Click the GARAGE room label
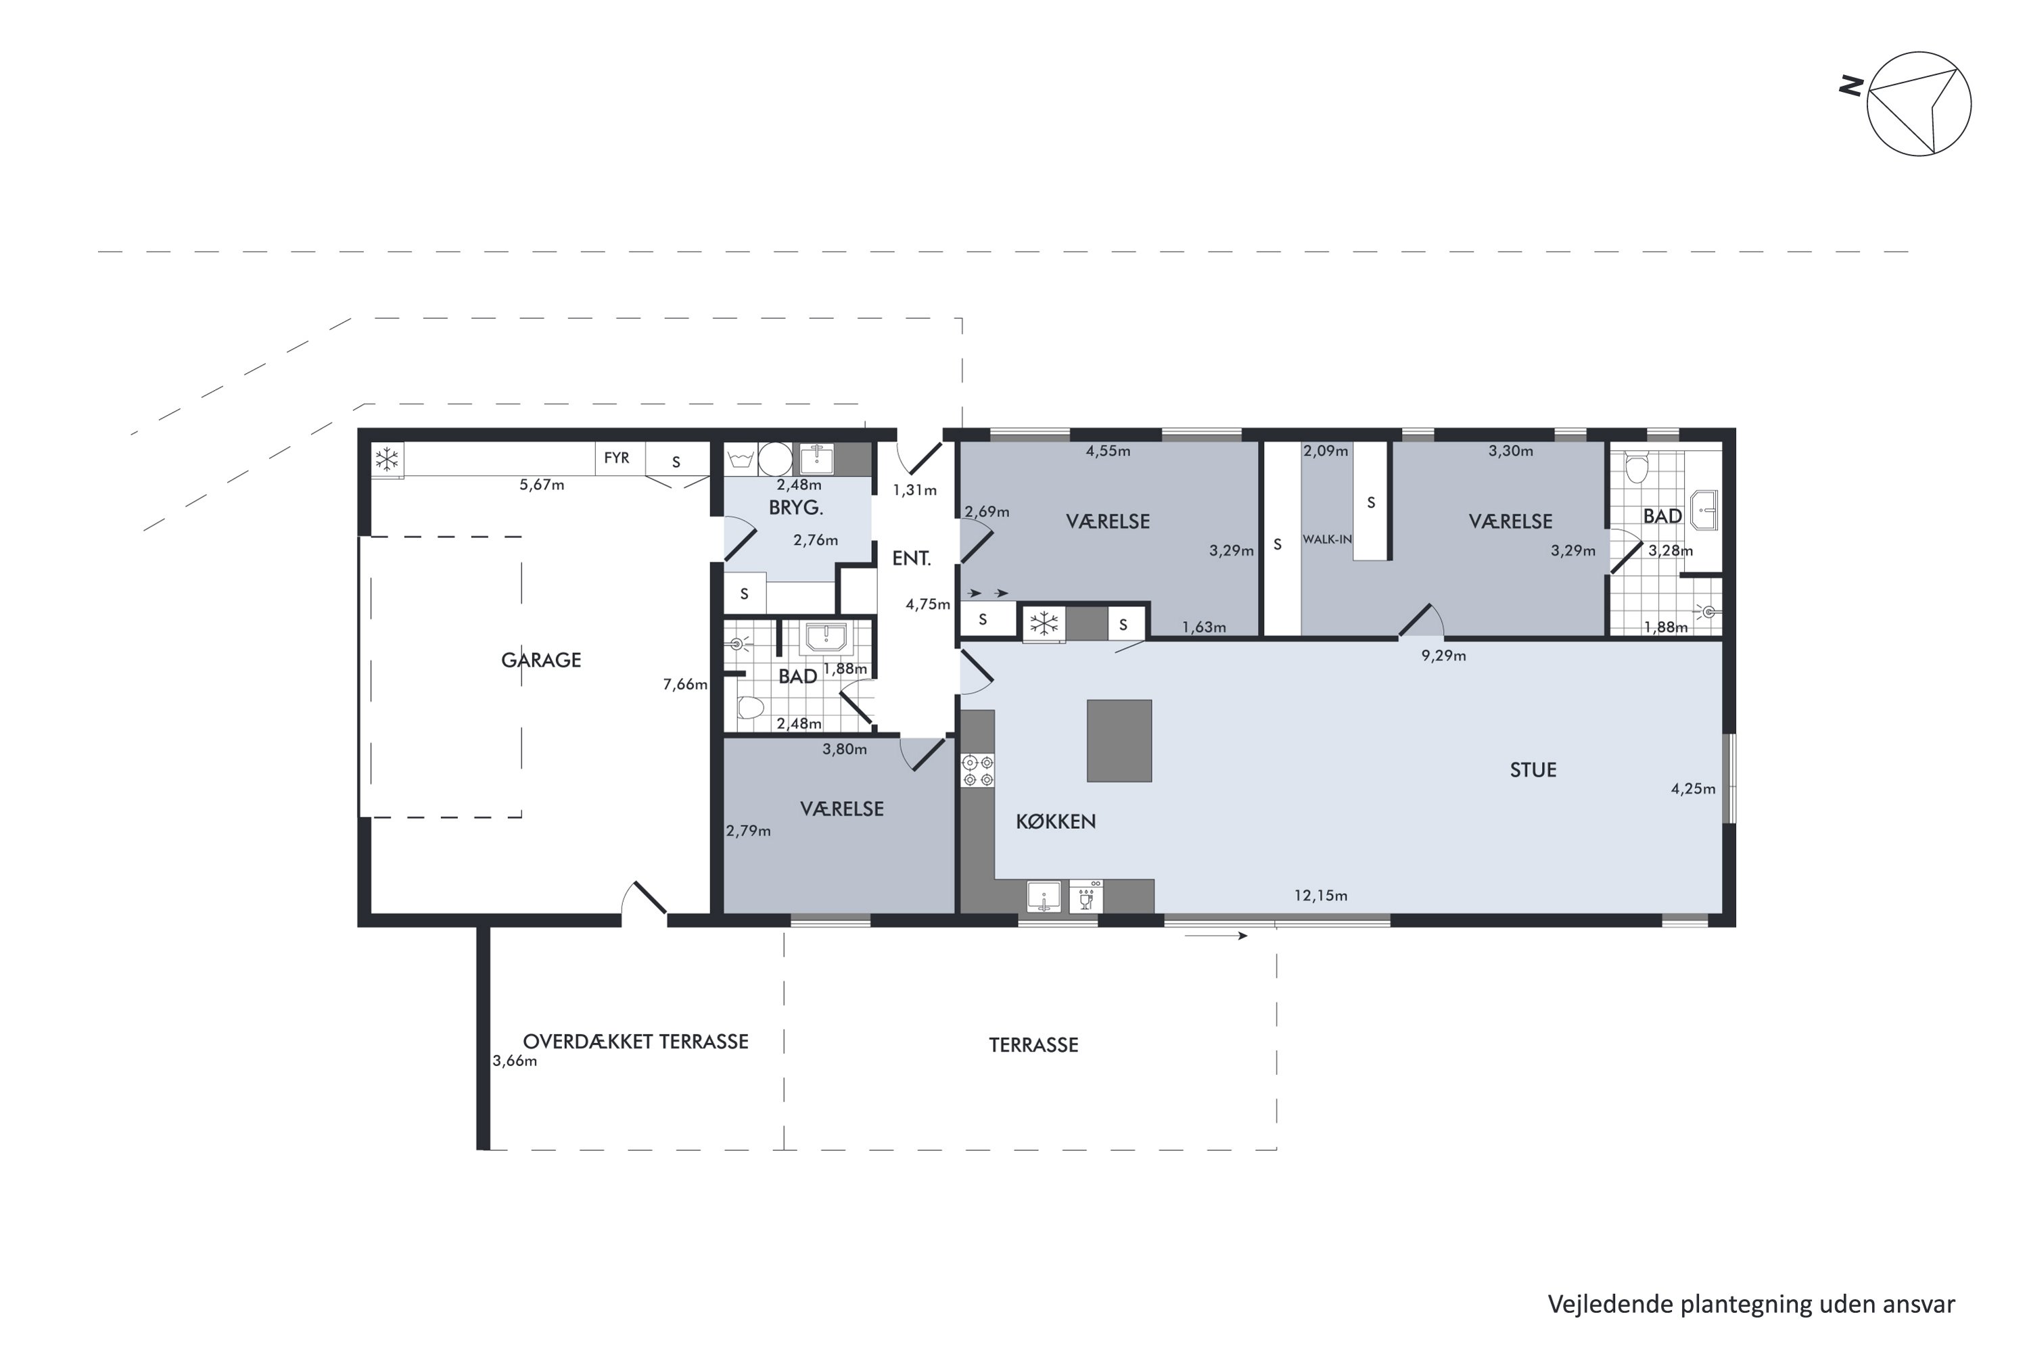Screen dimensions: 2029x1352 (x=541, y=660)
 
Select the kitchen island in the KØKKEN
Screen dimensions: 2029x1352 (x=1119, y=741)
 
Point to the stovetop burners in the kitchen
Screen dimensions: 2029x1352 (x=977, y=771)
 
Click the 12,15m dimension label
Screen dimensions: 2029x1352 (x=1321, y=896)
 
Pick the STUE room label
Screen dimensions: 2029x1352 (x=1533, y=770)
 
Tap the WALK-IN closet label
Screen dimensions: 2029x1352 (x=1327, y=539)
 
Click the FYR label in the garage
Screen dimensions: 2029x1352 (x=617, y=458)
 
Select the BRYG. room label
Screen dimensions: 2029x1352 (x=796, y=508)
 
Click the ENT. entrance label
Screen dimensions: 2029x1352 (x=911, y=559)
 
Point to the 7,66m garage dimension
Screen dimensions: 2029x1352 (x=685, y=685)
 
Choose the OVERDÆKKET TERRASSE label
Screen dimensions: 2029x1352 (x=636, y=1042)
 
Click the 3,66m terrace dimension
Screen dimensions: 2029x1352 (x=515, y=1061)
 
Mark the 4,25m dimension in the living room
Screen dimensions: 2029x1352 (x=1694, y=789)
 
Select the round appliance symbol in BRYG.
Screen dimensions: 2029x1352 (x=774, y=459)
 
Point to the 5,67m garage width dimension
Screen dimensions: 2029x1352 (x=542, y=485)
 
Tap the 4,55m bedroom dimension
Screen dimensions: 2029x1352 (x=1108, y=451)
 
